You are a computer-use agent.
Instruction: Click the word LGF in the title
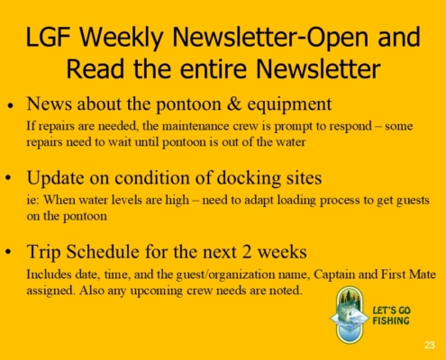click(x=48, y=37)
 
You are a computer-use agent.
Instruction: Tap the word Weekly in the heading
click(x=122, y=38)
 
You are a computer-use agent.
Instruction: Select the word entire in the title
click(x=214, y=68)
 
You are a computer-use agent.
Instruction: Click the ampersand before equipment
click(x=234, y=103)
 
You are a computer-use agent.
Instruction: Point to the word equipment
click(x=289, y=105)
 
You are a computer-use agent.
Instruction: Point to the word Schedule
click(x=103, y=251)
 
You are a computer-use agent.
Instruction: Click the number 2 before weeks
click(x=247, y=252)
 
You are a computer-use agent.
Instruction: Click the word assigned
click(x=50, y=291)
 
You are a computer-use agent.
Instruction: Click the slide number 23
click(x=430, y=345)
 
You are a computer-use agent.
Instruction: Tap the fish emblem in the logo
click(x=350, y=315)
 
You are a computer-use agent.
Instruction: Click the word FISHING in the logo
click(x=391, y=320)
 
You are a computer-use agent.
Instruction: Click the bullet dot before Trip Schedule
click(x=9, y=252)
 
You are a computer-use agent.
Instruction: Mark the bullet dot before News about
click(x=11, y=105)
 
